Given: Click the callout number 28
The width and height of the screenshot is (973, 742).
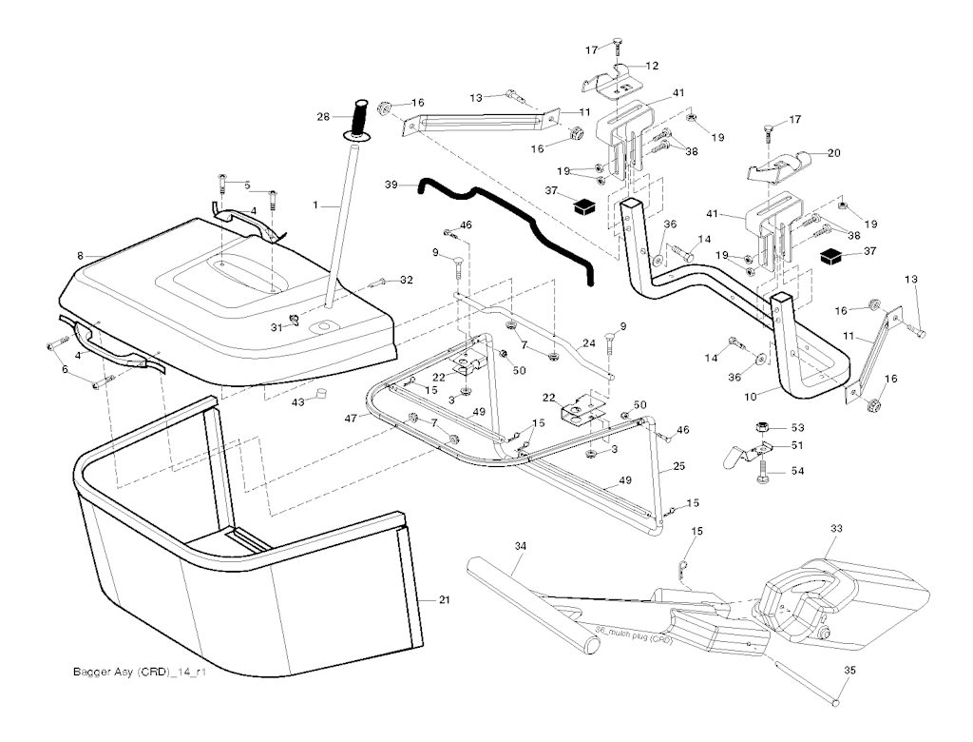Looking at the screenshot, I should point(322,116).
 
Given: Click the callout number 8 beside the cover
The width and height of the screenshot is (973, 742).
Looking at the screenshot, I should point(81,255).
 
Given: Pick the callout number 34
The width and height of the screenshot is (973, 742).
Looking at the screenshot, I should point(519,547).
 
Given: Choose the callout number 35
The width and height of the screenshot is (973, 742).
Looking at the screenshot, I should point(849,670).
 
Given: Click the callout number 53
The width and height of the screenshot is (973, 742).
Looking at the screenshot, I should point(797,427).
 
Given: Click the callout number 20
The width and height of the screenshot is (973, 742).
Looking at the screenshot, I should point(833,153).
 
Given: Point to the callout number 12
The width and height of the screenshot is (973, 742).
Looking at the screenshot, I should point(653,66).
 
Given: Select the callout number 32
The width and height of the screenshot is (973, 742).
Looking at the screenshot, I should point(407,280).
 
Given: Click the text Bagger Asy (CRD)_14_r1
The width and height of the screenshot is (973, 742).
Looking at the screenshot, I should point(140,673).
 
